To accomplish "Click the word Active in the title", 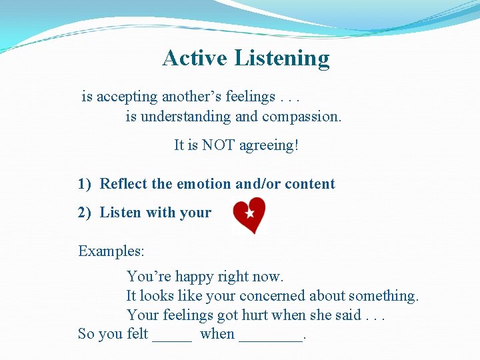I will pos(195,58).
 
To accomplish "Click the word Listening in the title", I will pos(281,59).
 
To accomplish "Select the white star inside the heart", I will pos(249,213).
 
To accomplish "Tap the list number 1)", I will pos(85,184).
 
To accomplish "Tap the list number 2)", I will pos(85,213).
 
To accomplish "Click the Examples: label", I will pos(111,251).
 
